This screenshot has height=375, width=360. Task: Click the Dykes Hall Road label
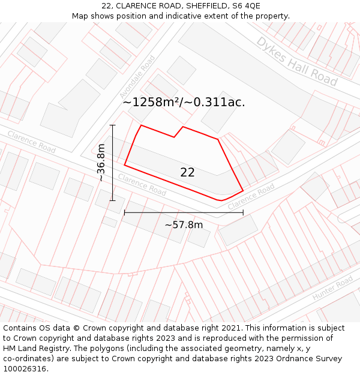tap(296, 60)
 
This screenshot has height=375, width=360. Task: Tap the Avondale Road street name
tap(137, 77)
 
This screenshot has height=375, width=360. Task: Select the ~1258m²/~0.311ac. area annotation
tap(184, 102)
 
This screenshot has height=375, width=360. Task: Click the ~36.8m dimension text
tap(101, 163)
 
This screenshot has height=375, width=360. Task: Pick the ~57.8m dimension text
tap(184, 225)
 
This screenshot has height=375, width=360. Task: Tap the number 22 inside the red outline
tap(187, 172)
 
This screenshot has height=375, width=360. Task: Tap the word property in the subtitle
tap(271, 16)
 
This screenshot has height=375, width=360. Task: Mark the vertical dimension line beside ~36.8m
tap(112, 163)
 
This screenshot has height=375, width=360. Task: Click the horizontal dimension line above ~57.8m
tap(184, 212)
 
